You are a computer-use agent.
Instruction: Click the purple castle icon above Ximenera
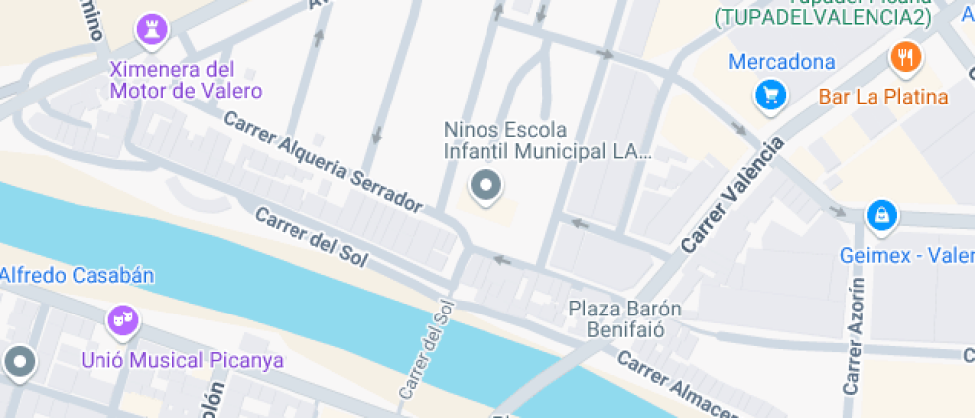point(151,29)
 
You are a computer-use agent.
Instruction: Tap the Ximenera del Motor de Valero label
point(186,81)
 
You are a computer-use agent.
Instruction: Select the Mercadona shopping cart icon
point(771,95)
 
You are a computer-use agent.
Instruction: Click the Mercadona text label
point(782,62)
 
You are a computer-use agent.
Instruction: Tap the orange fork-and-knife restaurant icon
point(905,57)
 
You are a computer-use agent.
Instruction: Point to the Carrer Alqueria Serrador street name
point(323,161)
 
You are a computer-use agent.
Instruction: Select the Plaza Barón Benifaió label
point(625,318)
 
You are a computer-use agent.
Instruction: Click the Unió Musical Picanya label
point(184,360)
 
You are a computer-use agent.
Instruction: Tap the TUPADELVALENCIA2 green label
point(823,17)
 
